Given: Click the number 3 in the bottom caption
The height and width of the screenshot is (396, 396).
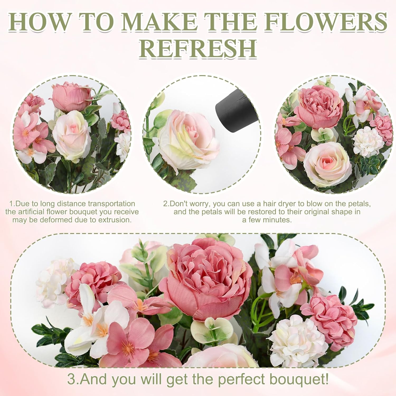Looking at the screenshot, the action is pos(71,379).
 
